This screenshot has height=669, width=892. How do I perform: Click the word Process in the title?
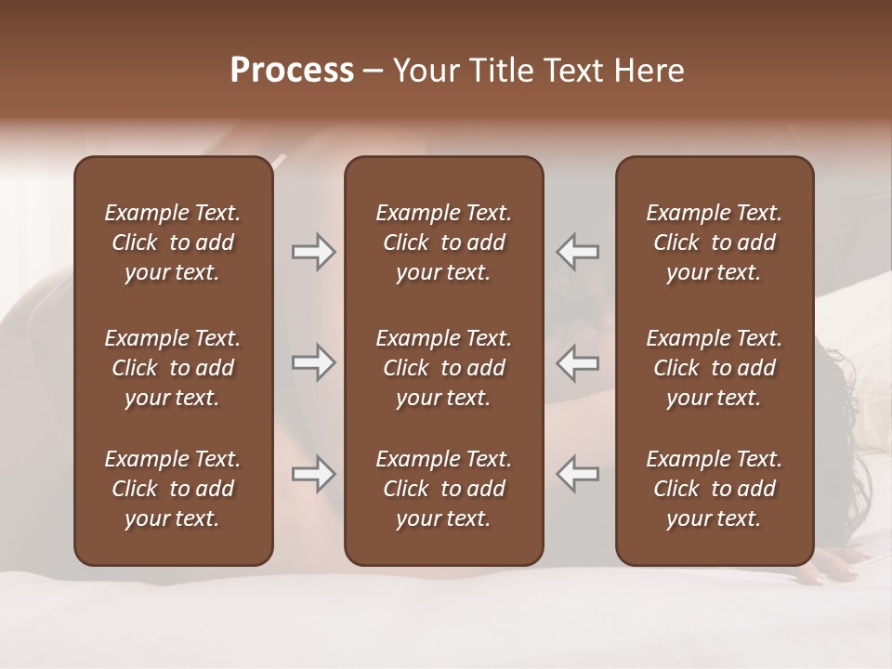292,71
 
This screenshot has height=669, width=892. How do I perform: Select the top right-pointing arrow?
313,252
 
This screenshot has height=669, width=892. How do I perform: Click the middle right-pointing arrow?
313,363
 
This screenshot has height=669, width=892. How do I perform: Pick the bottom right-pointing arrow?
313,475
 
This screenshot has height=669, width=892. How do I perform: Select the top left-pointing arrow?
578,252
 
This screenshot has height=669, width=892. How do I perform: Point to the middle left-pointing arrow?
578,363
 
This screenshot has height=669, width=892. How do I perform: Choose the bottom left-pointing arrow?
578,473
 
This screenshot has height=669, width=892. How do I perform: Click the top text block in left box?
173,243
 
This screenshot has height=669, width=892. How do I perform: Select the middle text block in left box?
173,368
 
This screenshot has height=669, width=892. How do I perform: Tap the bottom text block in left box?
173,489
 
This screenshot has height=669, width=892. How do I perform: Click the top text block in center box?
443,243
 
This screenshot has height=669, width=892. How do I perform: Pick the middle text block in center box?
443,368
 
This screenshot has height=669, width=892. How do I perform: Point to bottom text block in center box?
443,489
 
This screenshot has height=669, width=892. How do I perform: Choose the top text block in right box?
714,243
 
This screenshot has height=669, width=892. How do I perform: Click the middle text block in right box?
714,368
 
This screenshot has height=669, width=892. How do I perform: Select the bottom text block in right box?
714,489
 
